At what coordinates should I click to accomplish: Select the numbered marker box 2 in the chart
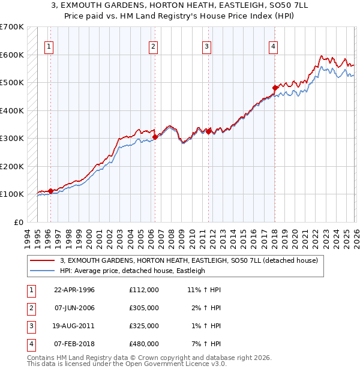pos(153,46)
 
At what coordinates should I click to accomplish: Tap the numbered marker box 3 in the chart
pos(206,46)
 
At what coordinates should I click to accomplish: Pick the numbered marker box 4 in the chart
pos(273,46)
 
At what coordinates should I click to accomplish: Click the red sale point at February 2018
pos(275,88)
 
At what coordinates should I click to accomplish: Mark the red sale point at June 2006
pos(155,137)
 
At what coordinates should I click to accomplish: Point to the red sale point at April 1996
pos(50,191)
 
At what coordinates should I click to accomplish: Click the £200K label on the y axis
pos(11,166)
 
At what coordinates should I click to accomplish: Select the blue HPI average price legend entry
pos(132,271)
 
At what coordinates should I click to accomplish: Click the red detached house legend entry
pos(192,260)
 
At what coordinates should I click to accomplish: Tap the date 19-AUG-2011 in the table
pos(74,326)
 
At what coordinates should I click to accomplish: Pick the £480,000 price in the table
pos(143,344)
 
